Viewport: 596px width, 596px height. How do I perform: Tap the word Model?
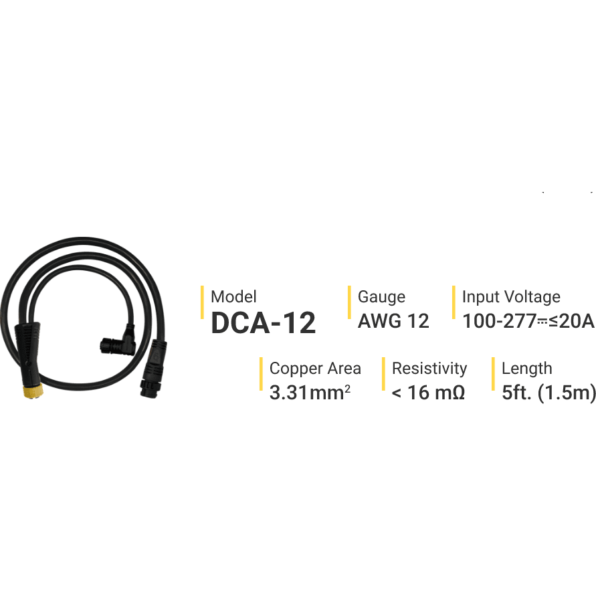233,297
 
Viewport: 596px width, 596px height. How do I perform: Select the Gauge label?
381,297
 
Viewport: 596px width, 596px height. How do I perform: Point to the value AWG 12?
393,321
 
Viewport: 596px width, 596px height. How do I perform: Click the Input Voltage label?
511,297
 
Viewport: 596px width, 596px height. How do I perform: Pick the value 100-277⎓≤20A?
528,321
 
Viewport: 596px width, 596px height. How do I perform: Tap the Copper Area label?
315,369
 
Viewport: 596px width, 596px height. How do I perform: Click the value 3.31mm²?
310,393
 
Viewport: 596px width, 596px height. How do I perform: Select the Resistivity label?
429,369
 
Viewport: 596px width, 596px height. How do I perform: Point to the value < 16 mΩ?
428,393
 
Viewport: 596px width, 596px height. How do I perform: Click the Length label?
527,369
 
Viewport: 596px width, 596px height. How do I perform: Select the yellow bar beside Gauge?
349,302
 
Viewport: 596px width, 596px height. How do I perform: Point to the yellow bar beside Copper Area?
261,374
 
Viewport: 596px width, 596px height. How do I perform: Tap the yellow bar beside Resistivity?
383,374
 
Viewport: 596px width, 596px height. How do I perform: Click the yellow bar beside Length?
493,374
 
